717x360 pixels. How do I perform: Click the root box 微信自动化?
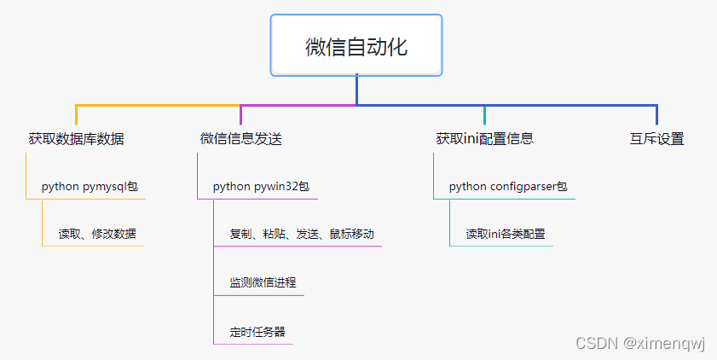[356, 46]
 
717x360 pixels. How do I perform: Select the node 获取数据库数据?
[76, 139]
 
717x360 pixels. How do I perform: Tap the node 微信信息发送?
[240, 139]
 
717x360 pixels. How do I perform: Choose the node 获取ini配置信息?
[484, 139]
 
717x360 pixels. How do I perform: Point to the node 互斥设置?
[656, 139]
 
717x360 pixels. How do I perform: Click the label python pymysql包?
[90, 187]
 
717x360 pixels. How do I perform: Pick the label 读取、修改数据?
[96, 234]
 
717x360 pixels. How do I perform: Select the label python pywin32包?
[261, 187]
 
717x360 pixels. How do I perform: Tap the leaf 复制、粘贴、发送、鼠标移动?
[301, 234]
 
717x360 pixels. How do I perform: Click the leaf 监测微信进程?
[263, 282]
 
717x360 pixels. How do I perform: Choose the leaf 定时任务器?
[257, 331]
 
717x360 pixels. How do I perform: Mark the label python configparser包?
[507, 187]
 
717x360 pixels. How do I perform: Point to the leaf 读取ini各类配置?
[505, 234]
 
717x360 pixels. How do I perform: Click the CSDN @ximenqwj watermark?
[640, 343]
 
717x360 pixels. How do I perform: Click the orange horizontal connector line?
[158, 105]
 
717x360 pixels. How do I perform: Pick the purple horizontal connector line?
[298, 105]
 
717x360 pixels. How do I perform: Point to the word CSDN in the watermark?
[595, 343]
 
